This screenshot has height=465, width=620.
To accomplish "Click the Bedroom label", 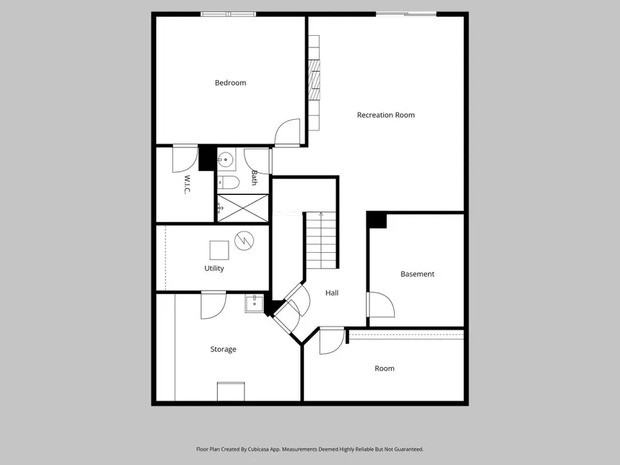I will click(x=230, y=83).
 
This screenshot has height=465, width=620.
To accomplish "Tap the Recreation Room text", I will click(x=386, y=115).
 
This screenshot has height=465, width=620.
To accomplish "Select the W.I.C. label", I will click(x=187, y=184).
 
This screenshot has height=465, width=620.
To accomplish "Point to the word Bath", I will click(x=254, y=178).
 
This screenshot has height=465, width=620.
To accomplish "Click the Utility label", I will click(x=214, y=269).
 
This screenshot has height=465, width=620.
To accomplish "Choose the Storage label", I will click(x=223, y=349).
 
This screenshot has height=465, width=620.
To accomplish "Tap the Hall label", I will click(x=332, y=293).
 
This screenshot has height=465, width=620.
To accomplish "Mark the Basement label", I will click(x=417, y=274).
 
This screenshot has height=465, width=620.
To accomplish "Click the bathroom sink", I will click(x=226, y=161).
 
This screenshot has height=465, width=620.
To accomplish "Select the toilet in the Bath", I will click(x=229, y=183).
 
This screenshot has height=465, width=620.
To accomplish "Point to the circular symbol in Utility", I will click(x=243, y=240).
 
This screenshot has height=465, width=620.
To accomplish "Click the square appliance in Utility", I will click(x=220, y=249).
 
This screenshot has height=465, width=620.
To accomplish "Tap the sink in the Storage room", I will click(x=254, y=302).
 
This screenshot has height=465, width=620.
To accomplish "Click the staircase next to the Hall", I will click(x=321, y=240).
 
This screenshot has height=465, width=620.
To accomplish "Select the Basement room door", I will click(x=380, y=304).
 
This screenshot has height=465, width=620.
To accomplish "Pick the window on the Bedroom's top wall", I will click(x=228, y=14).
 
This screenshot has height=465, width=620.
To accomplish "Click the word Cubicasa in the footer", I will click(x=273, y=449).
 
